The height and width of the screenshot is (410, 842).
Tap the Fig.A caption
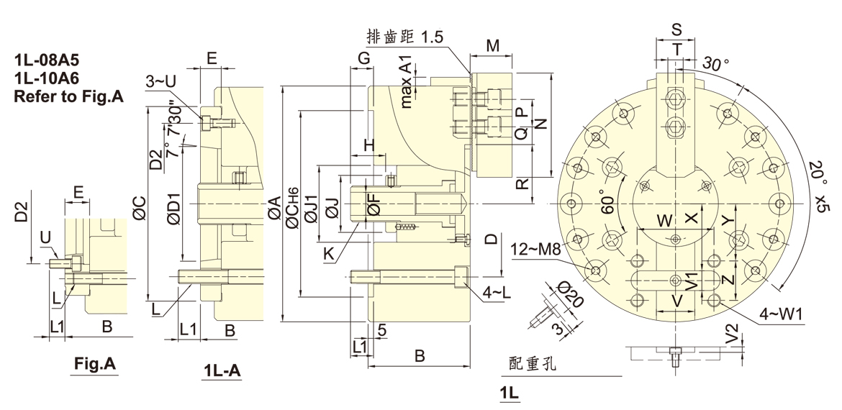pyautogui.click(x=95, y=365)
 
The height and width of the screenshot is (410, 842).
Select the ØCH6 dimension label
pyautogui.click(x=291, y=209)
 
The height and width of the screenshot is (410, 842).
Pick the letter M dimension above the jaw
pyautogui.click(x=492, y=46)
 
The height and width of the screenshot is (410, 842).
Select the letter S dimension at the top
pyautogui.click(x=676, y=29)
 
